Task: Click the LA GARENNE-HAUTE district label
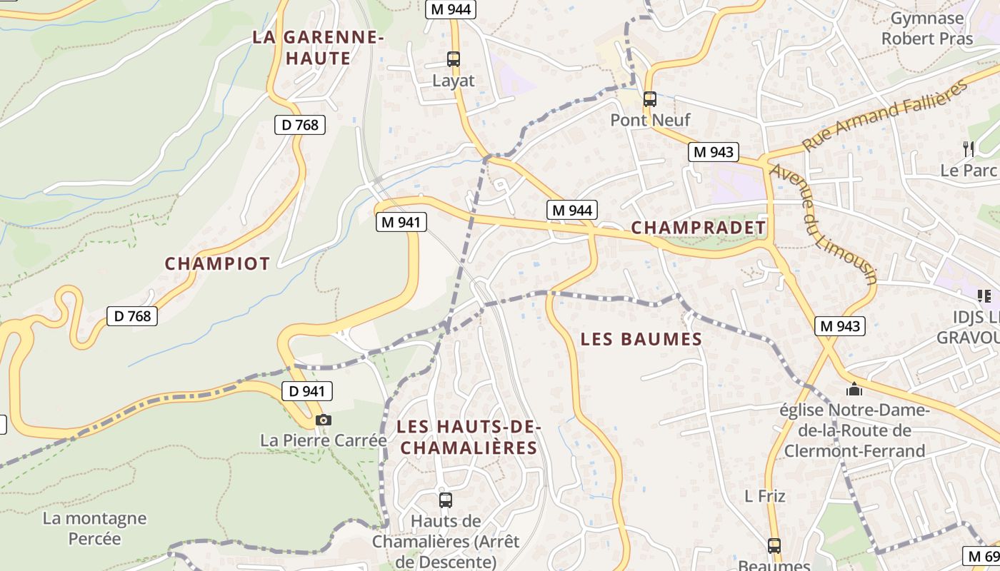pos(319,47)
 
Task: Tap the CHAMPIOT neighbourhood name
pos(217,263)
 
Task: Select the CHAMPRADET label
pos(699,228)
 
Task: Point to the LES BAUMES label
pos(641,339)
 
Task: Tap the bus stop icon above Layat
pos(454,59)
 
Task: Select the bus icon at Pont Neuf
pos(649,99)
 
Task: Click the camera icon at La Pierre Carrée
pos(324,420)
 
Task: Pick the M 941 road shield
pos(401,222)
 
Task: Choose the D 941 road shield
pos(307,390)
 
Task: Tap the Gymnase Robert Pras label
pos(926,28)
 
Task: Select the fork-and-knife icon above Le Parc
pos(969,148)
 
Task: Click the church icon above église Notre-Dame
pos(854,390)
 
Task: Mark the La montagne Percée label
pos(94,528)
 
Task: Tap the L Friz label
pos(765,496)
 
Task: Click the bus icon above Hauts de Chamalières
pos(446,500)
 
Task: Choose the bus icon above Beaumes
pos(774,546)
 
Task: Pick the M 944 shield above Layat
pos(451,9)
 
